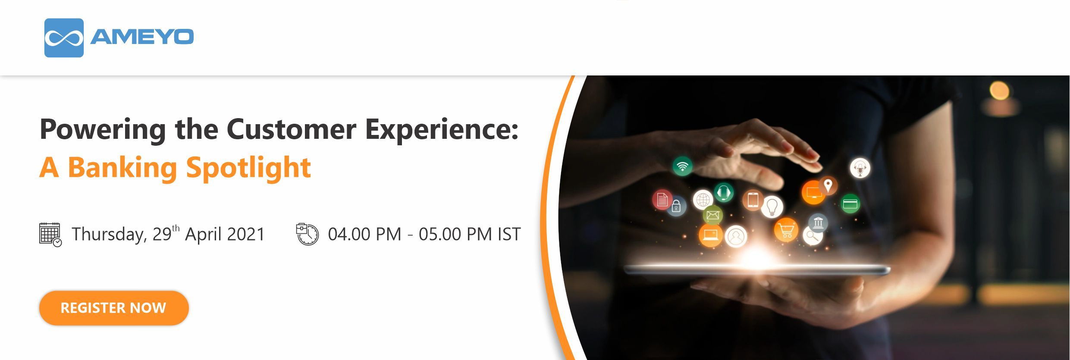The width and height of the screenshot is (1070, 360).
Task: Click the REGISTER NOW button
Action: [x=114, y=308]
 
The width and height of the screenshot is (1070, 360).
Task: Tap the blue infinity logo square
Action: [x=64, y=38]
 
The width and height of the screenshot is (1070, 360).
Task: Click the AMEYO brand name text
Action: [x=142, y=37]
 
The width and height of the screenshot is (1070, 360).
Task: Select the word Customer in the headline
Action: [x=292, y=129]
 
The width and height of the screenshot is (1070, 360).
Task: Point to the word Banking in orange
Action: [x=122, y=168]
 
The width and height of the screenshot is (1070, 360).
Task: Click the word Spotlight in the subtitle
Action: [x=248, y=168]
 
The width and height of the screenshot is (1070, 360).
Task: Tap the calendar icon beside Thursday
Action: [x=50, y=235]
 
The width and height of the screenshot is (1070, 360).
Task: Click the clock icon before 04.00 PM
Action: [x=308, y=234]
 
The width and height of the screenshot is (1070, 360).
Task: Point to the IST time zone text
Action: [x=509, y=234]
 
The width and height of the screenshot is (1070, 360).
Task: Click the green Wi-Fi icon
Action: [x=683, y=166]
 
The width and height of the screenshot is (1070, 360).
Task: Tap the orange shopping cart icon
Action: [x=786, y=230]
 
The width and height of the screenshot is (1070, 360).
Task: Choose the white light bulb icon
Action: [x=772, y=206]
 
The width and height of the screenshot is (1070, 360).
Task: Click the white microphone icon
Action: [x=860, y=168]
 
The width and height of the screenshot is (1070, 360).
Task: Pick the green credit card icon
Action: [x=850, y=203]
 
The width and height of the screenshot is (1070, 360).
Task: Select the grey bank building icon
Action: [x=818, y=222]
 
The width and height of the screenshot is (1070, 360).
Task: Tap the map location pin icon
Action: [x=828, y=186]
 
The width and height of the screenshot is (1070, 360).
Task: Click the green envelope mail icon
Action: [x=712, y=215]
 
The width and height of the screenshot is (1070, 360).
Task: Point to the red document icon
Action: [x=662, y=200]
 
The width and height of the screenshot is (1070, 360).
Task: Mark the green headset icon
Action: [x=724, y=192]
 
